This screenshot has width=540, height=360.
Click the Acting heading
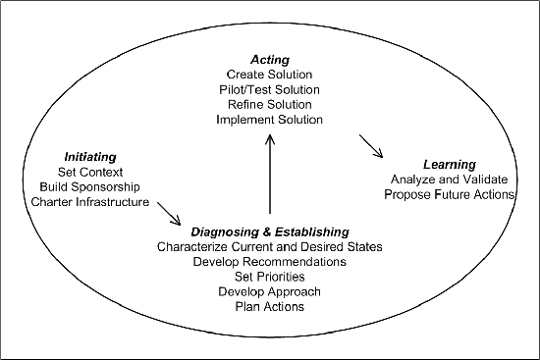pyautogui.click(x=269, y=60)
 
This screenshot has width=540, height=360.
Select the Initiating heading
pyautogui.click(x=89, y=156)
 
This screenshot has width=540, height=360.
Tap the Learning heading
pyautogui.click(x=449, y=164)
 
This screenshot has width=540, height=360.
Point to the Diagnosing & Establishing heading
pyautogui.click(x=269, y=231)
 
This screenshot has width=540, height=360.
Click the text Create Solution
pyautogui.click(x=269, y=75)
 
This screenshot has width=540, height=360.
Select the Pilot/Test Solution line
pyautogui.click(x=269, y=89)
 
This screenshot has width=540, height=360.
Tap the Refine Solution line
pyautogui.click(x=269, y=104)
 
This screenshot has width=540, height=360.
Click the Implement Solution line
pyautogui.click(x=269, y=119)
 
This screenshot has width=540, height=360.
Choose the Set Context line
pyautogui.click(x=89, y=172)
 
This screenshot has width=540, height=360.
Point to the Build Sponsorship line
pyautogui.click(x=89, y=186)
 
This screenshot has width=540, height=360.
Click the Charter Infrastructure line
pyautogui.click(x=89, y=202)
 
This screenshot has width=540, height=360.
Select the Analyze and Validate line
pyautogui.click(x=449, y=180)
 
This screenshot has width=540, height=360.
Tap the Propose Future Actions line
pyautogui.click(x=449, y=194)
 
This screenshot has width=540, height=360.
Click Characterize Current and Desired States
pyautogui.click(x=269, y=246)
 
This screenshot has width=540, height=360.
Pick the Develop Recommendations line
pyautogui.click(x=269, y=262)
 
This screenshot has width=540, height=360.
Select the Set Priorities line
pyautogui.click(x=269, y=277)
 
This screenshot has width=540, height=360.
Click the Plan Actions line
pyautogui.click(x=269, y=307)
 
